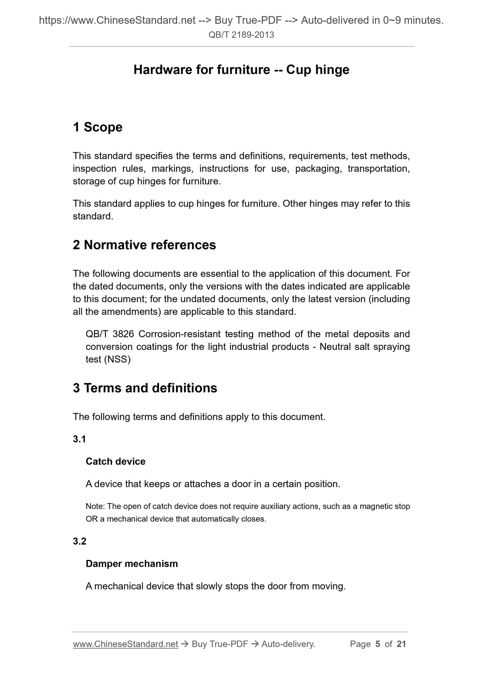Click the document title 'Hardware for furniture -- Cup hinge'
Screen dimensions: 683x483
coord(241,70)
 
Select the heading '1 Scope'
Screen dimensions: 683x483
coord(98,127)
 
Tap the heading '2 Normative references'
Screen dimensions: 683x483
coord(144,245)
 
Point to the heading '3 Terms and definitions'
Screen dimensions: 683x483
coord(145,388)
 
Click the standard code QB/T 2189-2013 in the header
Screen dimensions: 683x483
coord(241,35)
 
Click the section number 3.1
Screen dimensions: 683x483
coord(80,439)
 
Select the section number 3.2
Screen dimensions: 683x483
coord(80,542)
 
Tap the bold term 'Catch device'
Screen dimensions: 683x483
coord(116,461)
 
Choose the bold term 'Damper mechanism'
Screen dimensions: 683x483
coord(132,564)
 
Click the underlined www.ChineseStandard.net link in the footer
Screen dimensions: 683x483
coord(125,644)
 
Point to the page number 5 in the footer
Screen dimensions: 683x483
coord(378,644)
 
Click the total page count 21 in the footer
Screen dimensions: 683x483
coord(401,644)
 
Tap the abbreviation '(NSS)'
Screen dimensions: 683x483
coord(117,360)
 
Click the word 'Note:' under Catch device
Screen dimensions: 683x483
coord(96,506)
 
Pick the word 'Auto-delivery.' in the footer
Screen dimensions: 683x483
coord(288,644)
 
